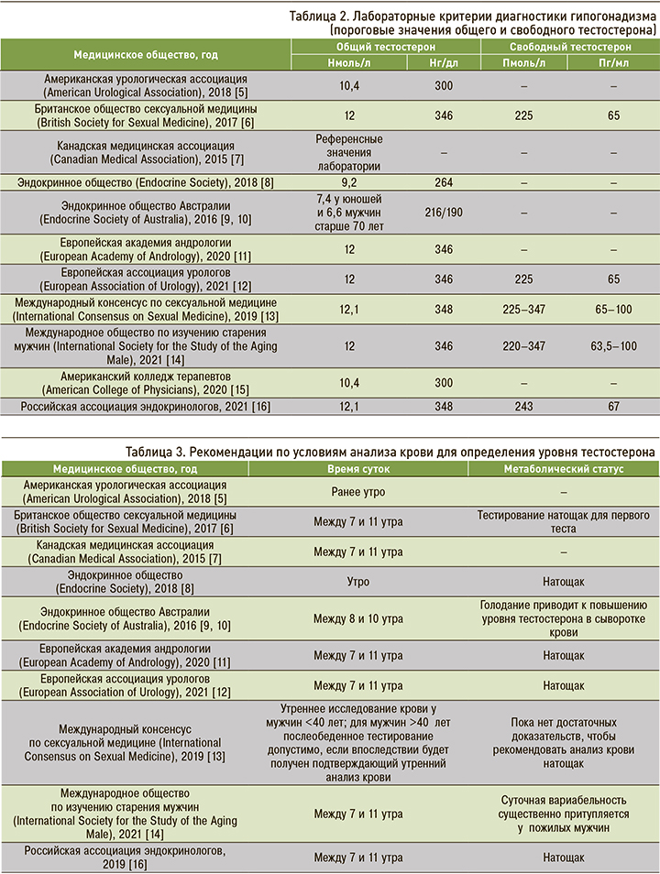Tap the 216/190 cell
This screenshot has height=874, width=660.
pyautogui.click(x=444, y=212)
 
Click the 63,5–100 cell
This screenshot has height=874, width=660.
pyautogui.click(x=612, y=348)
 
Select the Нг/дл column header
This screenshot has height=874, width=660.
pyautogui.click(x=444, y=62)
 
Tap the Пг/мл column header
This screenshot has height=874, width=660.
pyautogui.click(x=612, y=62)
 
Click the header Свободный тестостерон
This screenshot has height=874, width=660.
pyautogui.click(x=568, y=46)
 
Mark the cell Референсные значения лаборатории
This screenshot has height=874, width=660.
pyautogui.click(x=347, y=152)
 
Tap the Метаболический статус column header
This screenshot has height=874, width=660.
pyautogui.click(x=563, y=468)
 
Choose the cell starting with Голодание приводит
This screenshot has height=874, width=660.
pyautogui.click(x=564, y=619)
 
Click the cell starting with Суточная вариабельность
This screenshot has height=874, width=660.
pyautogui.click(x=564, y=814)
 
